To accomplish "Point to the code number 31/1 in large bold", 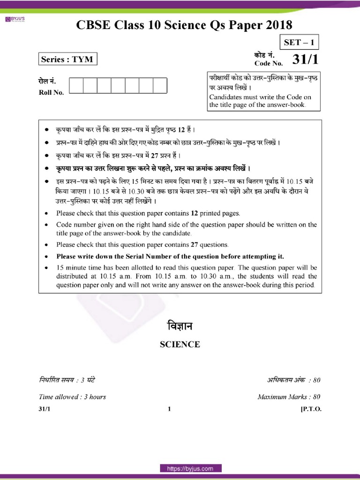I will point(305,59).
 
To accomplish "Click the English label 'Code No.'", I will point(269,63).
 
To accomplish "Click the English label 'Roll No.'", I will point(51,92).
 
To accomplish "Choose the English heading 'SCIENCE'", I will point(180,345).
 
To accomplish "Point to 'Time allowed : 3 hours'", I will point(72,397).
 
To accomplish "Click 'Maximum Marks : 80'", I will point(289,397).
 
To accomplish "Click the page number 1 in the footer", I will point(169,409).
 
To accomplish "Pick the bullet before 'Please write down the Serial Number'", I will point(46,257).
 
